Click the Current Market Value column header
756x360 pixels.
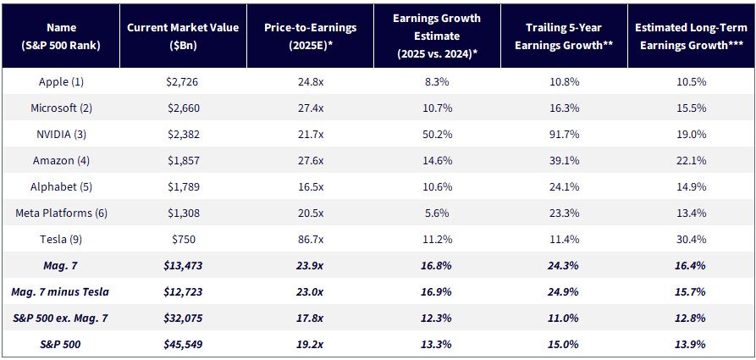[x=183, y=36]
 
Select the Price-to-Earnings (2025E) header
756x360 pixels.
[x=310, y=36]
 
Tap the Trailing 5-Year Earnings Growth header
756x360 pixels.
[x=564, y=36]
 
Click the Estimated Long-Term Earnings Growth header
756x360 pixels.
[x=691, y=36]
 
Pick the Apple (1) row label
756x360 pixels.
[x=61, y=82]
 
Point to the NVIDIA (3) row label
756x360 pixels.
[x=61, y=134]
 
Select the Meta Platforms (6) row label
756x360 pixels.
[x=61, y=213]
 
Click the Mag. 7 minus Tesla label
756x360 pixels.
[x=61, y=292]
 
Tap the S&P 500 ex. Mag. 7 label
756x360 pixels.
[x=61, y=318]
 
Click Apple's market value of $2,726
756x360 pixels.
[x=183, y=82]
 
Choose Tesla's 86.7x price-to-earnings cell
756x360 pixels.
[x=310, y=240]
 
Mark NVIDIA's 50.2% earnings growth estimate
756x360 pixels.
[x=437, y=134]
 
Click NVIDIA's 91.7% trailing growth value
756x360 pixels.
[x=564, y=134]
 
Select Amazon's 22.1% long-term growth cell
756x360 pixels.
[x=691, y=161]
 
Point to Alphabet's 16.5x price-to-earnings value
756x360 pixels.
[x=310, y=186]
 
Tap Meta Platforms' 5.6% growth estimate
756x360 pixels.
[x=437, y=213]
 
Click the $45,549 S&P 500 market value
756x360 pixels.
[x=183, y=345]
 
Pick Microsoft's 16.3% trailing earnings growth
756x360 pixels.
[x=564, y=108]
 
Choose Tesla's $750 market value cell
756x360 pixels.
[x=183, y=240]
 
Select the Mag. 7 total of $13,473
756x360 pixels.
[x=183, y=266]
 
